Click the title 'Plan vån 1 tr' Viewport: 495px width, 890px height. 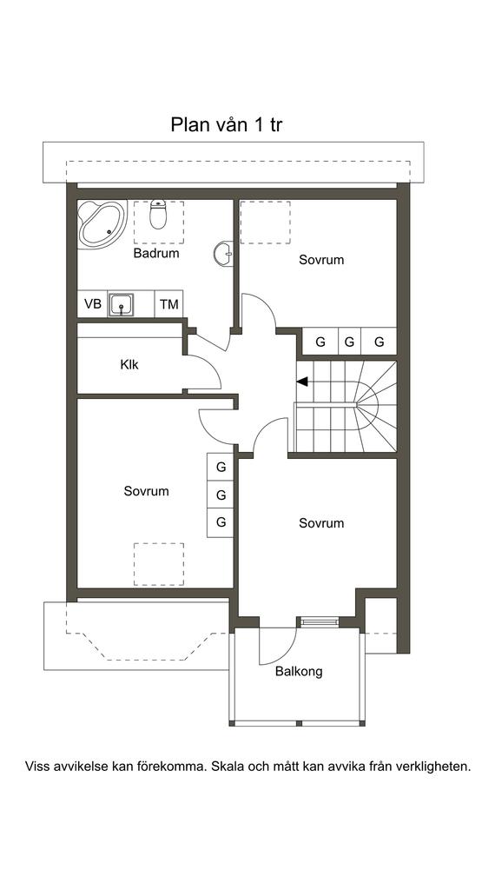tap(227, 125)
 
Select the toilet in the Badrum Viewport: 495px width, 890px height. tap(158, 215)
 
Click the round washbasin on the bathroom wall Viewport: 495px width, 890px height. tap(223, 254)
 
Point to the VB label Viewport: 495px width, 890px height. tap(92, 304)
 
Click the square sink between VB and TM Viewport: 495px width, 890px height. tap(121, 305)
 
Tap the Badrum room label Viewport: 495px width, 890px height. tap(156, 253)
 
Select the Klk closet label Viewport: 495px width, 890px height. tap(129, 364)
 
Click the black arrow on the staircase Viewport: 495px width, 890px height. tap(302, 382)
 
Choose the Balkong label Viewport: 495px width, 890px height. tap(299, 672)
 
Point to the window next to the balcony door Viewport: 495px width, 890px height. tap(320, 622)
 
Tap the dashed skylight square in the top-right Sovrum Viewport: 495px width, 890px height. tap(266, 222)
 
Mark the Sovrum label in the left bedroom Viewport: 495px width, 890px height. tap(146, 491)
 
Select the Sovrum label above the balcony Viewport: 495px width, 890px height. tap(321, 522)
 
